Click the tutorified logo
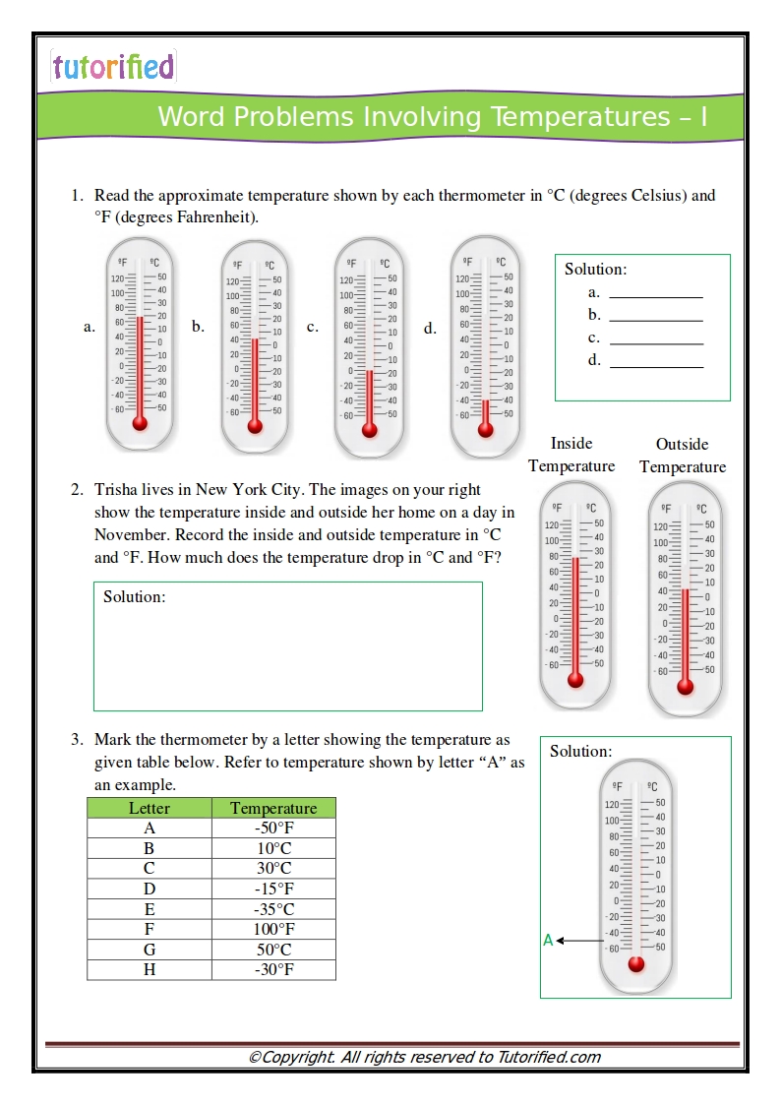click(113, 67)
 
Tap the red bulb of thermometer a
click(140, 422)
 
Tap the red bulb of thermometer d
click(485, 429)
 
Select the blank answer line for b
click(656, 316)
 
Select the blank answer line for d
click(656, 361)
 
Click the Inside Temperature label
click(571, 455)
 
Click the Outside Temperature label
click(683, 456)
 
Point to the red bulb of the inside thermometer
click(575, 679)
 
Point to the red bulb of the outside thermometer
click(686, 687)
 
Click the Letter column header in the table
click(150, 808)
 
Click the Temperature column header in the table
click(273, 808)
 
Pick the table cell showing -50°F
click(273, 829)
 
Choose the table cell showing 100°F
click(273, 929)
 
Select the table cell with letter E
click(150, 909)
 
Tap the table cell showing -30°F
click(273, 970)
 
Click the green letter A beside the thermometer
click(548, 941)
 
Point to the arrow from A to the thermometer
click(580, 942)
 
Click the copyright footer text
click(424, 1058)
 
